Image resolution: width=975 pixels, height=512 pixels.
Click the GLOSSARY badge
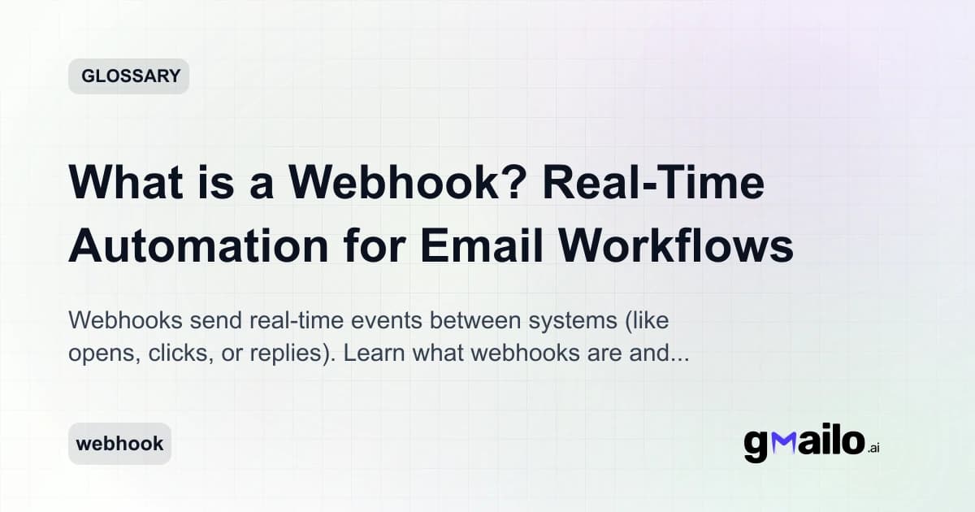pos(128,76)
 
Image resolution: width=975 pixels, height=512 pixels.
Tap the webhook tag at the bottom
pos(119,444)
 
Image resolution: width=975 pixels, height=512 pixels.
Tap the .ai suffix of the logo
pos(873,448)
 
